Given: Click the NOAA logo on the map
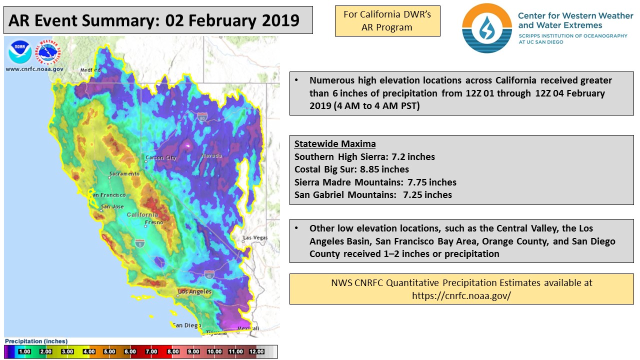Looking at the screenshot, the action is pyautogui.click(x=19, y=52).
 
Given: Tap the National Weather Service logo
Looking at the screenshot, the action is pyautogui.click(x=48, y=52).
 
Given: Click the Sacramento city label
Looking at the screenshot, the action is pyautogui.click(x=124, y=173).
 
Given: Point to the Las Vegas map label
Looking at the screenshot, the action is pyautogui.click(x=255, y=237).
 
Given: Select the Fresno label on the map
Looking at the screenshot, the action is pyautogui.click(x=154, y=222).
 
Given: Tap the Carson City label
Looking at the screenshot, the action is pyautogui.click(x=161, y=157).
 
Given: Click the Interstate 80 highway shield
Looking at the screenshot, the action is pyautogui.click(x=202, y=117).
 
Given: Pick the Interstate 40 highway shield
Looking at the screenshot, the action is pyautogui.click(x=209, y=275).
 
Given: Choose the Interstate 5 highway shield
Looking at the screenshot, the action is pyautogui.click(x=139, y=243).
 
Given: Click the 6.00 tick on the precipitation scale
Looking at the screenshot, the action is pyautogui.click(x=130, y=351).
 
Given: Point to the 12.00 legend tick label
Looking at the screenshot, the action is pyautogui.click(x=256, y=351).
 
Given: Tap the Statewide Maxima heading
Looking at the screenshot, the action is pyautogui.click(x=335, y=143).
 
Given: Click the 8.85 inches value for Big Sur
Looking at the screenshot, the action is pyautogui.click(x=384, y=169).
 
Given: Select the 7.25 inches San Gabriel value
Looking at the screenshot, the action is pyautogui.click(x=427, y=195).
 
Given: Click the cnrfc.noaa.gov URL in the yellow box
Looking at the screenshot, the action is pyautogui.click(x=461, y=295).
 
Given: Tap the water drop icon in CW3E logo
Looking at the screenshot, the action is pyautogui.click(x=487, y=28).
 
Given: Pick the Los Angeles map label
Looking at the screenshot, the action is pyautogui.click(x=194, y=291).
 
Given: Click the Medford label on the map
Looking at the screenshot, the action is pyautogui.click(x=90, y=70).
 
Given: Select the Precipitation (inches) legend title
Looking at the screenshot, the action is pyautogui.click(x=36, y=341).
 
